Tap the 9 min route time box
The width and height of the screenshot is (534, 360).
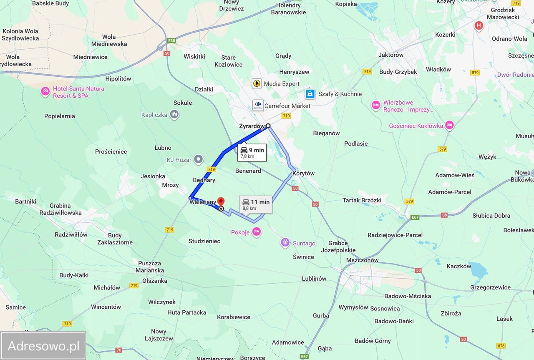tap(252, 153)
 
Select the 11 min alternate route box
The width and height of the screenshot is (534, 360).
tap(256, 204)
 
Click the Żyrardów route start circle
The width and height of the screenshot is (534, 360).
tap(268, 126)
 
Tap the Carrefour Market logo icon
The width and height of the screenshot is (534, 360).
tap(258, 105)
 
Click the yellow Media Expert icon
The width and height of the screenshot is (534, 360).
tap(257, 83)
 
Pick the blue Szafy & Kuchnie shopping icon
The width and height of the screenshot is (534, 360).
tap(310, 94)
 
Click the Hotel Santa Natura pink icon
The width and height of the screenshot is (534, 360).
tap(45, 91)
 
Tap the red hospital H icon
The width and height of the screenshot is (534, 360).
tap(479, 26)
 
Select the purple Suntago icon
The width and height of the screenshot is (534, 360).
tap(285, 242)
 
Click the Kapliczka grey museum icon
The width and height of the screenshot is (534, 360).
tap(174, 114)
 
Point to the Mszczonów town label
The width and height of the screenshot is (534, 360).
tap(362, 260)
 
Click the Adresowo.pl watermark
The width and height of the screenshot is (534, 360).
tap(43, 345)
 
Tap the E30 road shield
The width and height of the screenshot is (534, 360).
tap(171, 40)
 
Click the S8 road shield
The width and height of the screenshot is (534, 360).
tap(444, 215)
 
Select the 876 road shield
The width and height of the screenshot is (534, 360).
tap(501, 345)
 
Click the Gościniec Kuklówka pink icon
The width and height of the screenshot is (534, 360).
tap(449, 125)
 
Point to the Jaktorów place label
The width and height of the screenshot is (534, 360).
tap(391, 55)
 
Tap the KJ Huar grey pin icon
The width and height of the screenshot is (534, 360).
tap(199, 159)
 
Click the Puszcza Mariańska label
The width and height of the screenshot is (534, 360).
tap(149, 267)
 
